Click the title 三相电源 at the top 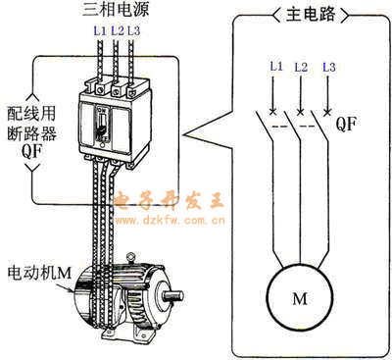point(115,9)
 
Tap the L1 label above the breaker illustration point(100,31)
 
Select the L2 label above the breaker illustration point(118,31)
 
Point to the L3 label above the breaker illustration point(133,31)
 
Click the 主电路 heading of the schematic point(310,15)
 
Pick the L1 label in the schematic point(276,67)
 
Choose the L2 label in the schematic point(301,67)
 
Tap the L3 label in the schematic point(329,67)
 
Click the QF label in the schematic point(346,124)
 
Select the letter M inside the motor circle point(300,298)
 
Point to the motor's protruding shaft point(172,296)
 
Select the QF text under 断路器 point(31,151)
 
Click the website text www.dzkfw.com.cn point(171,221)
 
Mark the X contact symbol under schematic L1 point(272,112)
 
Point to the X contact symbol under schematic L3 point(327,112)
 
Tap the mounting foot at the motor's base point(125,335)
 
